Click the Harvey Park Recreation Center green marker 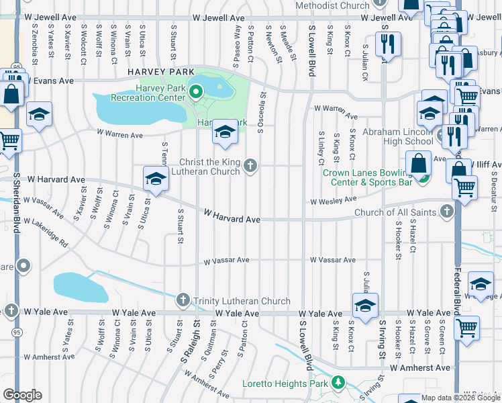pyautogui.click(x=196, y=93)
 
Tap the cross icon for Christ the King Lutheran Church pyautogui.click(x=250, y=165)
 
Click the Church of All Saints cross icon pyautogui.click(x=448, y=213)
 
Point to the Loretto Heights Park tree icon pyautogui.click(x=339, y=384)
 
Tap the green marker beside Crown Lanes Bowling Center pyautogui.click(x=423, y=178)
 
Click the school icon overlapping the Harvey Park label pyautogui.click(x=225, y=132)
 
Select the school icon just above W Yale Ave pyautogui.click(x=365, y=306)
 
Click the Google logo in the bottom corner pyautogui.click(x=22, y=395)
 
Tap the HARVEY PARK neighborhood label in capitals pyautogui.click(x=160, y=71)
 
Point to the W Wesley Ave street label pyautogui.click(x=333, y=200)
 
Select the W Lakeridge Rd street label pyautogui.click(x=46, y=231)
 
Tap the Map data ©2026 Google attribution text pyautogui.click(x=460, y=398)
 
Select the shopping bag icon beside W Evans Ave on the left pyautogui.click(x=12, y=94)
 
